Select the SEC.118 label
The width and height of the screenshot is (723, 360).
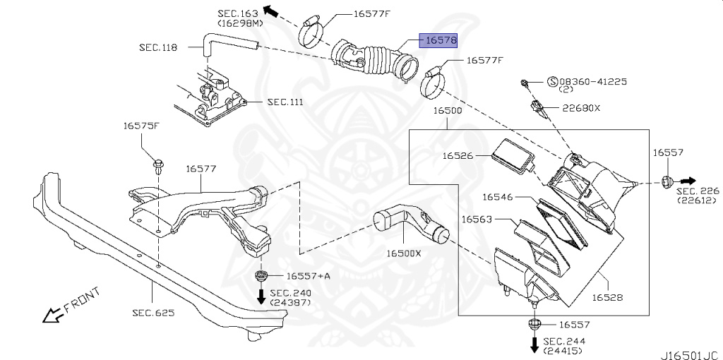[x=158, y=47]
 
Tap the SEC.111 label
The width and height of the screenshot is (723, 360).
[x=285, y=102]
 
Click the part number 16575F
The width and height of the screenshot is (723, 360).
[x=142, y=126]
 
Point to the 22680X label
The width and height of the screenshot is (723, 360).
[x=581, y=108]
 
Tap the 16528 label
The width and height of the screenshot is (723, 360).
[x=607, y=297]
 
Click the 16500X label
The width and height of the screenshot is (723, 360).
[x=403, y=253]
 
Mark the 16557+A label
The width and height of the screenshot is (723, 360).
[x=308, y=275]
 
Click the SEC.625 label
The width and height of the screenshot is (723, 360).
[x=153, y=312]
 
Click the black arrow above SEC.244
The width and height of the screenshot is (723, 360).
[x=534, y=345]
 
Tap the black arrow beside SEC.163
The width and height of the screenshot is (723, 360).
[x=269, y=10]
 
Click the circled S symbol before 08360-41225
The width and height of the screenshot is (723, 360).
[x=553, y=82]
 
